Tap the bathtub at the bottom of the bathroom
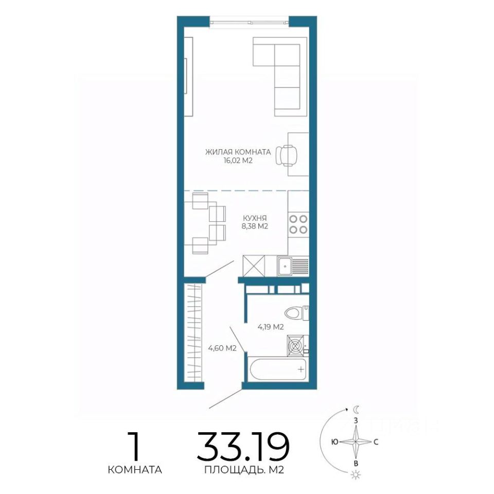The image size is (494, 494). coord(277,369)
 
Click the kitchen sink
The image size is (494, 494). coord(293,266)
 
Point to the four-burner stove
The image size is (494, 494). coord(298,224)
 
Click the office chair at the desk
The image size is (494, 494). coord(287,155)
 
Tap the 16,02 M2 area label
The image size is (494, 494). coord(238,161)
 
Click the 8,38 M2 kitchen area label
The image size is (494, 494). coord(255,226)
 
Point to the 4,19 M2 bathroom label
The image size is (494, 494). coord(271,327)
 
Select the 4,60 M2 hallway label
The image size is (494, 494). coord(222,348)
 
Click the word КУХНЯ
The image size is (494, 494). coord(255,218)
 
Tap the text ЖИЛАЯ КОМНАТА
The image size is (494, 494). coord(238,152)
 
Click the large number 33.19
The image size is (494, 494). coord(243,446)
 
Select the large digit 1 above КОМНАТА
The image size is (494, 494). coord(134,446)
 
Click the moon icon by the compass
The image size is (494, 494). coord(356,410)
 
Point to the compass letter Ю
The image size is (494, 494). coord(335,442)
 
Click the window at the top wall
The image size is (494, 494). coord(249,22)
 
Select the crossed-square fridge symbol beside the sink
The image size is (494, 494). coord(254,266)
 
